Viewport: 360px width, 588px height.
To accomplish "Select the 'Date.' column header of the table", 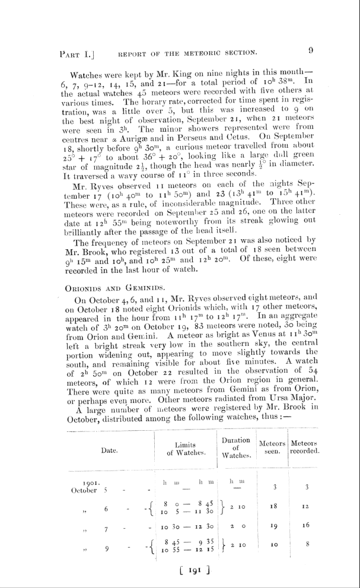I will pyautogui.click(x=109, y=450).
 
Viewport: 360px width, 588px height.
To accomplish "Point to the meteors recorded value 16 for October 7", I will pyautogui.click(x=305, y=526).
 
